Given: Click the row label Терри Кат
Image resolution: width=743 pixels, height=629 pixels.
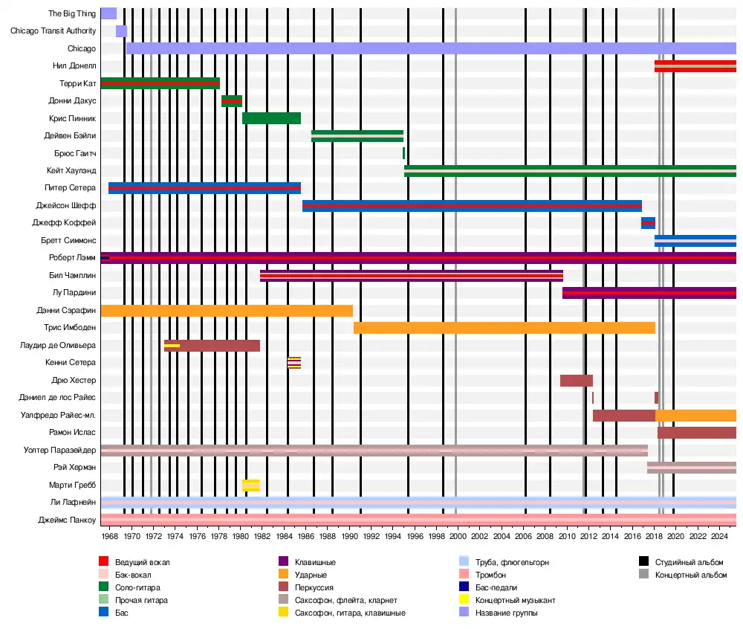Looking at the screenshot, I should point(77,83).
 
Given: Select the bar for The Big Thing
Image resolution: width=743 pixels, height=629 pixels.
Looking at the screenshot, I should point(108,13).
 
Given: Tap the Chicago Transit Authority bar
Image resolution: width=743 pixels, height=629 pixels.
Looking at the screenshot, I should point(121,31).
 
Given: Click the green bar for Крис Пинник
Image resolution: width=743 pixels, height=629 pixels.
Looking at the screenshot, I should point(271,118).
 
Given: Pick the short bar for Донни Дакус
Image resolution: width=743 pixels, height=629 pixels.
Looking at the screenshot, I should point(232,101).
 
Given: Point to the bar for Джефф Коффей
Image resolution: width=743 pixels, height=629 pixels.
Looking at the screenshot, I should point(648,223).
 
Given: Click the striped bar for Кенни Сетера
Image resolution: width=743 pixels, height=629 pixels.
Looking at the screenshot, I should point(294,363).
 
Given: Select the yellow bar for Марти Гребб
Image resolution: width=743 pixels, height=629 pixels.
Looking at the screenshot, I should point(251,486).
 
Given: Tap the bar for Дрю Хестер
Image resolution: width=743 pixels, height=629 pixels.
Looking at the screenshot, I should point(576,381).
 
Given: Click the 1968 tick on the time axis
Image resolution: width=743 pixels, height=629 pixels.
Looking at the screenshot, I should point(110,536).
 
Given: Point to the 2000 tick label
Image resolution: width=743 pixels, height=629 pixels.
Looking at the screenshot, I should point(458,536).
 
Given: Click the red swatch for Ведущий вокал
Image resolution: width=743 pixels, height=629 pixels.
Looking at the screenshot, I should point(104,562).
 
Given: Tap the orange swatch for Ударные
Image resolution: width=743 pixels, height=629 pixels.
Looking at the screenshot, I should point(282,575).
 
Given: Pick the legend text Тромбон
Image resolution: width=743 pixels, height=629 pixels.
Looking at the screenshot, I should point(491,575).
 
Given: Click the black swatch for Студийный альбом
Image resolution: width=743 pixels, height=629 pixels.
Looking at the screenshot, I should point(643,562).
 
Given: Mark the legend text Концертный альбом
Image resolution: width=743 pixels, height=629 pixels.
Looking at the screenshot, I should point(690,575).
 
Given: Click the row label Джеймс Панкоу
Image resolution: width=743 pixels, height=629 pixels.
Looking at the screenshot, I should point(67,520).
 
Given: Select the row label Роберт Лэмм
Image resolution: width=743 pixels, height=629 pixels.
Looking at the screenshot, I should point(72,258).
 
